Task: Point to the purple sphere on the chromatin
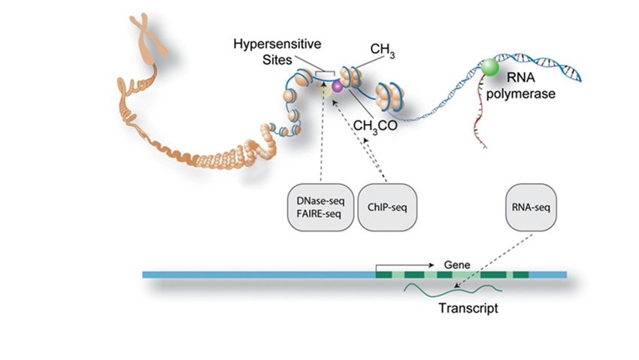(338, 87)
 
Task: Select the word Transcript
(469, 307)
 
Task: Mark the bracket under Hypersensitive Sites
(326, 72)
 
